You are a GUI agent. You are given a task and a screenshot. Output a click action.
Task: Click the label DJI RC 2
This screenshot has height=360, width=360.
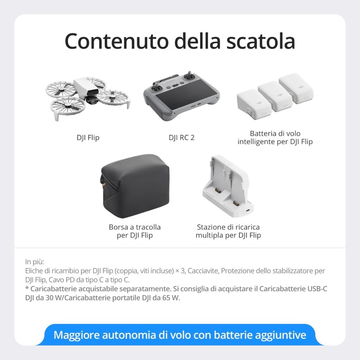tap(181, 137)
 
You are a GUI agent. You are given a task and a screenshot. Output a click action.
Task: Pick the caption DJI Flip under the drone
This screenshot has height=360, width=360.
tap(88, 137)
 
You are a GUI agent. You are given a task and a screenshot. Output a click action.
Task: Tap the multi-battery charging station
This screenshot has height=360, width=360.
tap(225, 187)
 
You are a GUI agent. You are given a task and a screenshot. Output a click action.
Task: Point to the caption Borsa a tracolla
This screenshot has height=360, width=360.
tap(135, 227)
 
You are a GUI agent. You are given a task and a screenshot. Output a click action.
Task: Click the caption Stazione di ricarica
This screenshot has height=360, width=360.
tap(228, 227)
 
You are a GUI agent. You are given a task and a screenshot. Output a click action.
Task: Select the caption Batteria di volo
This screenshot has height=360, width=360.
tap(275, 134)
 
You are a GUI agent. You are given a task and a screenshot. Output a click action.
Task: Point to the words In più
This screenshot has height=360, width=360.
tap(35, 261)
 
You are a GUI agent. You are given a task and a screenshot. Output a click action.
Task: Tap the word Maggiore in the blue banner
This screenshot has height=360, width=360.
tap(76, 335)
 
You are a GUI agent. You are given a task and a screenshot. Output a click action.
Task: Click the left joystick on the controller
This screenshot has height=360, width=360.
tap(157, 84)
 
